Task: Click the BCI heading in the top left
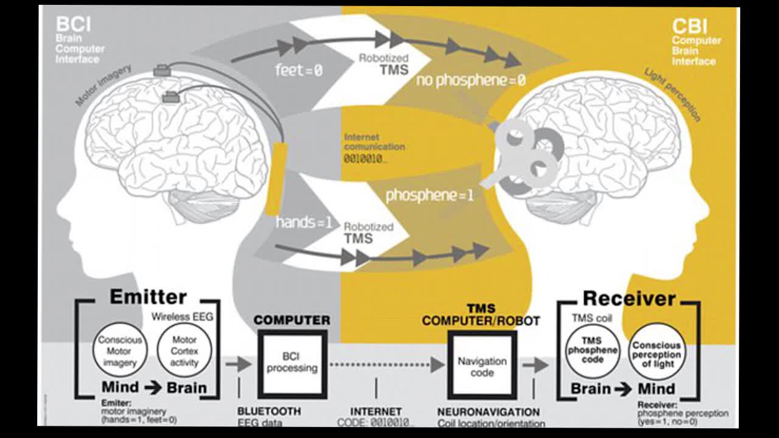pos(73,25)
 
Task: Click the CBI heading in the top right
pos(690,27)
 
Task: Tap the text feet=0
pos(298,71)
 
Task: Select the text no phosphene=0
pos(470,80)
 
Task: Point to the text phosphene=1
pos(430,196)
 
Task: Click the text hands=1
pos(304,223)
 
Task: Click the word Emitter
pos(148,297)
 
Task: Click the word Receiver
pos(629,299)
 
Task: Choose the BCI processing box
pos(292,364)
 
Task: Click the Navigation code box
pos(482,366)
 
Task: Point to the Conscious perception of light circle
pos(656,354)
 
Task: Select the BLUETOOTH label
pos(269,411)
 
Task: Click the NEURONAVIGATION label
pos(488,412)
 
